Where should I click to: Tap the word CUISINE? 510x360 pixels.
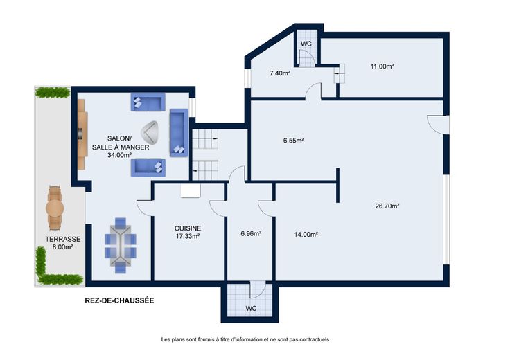tap(188, 228)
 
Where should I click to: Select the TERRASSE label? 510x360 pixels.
tap(63, 239)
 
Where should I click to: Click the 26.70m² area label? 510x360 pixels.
tap(387, 206)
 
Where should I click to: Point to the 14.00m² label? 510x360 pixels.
tap(306, 234)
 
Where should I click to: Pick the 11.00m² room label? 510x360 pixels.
tap(382, 66)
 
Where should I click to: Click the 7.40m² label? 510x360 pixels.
tap(280, 73)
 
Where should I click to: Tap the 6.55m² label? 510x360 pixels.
tap(293, 141)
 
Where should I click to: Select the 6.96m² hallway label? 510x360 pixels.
tap(251, 233)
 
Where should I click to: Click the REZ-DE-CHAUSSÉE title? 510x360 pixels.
tap(119, 300)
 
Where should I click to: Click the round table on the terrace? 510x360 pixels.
tap(55, 208)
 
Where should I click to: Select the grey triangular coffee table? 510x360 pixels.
tap(150, 133)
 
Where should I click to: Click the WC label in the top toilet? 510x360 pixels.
tap(306, 44)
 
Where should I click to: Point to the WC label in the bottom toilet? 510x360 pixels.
tap(251, 308)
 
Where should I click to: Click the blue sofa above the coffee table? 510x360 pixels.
tap(148, 102)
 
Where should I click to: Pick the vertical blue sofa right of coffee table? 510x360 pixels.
tap(179, 133)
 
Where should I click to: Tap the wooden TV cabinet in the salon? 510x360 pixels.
tap(82, 134)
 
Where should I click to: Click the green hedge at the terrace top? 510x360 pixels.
tap(53, 93)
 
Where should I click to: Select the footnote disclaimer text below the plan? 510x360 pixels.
tap(245, 339)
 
